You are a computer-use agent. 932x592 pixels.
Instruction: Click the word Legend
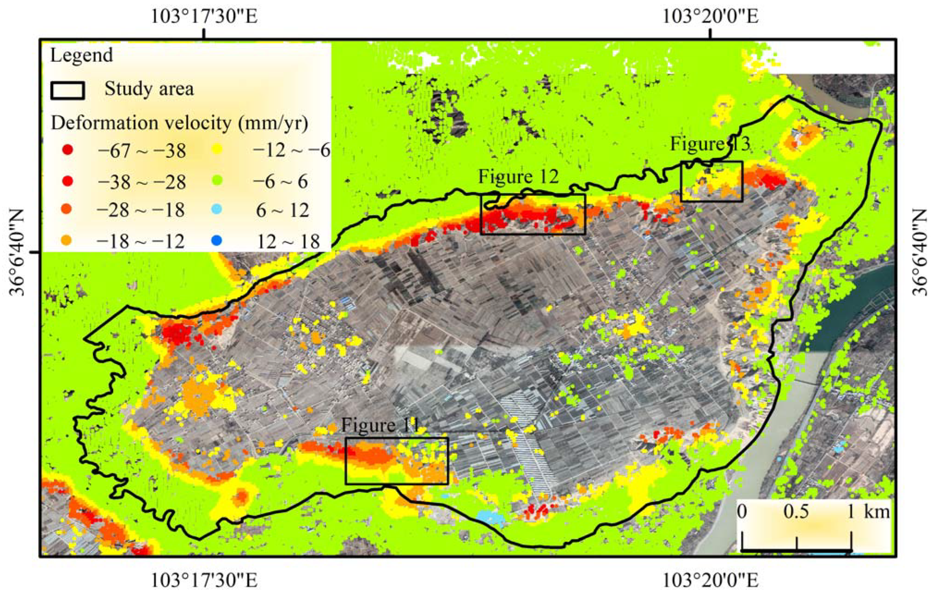[81, 55]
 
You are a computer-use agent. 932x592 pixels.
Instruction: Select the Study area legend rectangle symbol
[67, 90]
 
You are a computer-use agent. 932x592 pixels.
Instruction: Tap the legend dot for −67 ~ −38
[68, 150]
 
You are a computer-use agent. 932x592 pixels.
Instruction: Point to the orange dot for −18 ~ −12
[68, 241]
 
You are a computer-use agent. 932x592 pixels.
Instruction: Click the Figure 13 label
[710, 144]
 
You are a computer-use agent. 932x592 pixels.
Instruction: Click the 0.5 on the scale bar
[796, 512]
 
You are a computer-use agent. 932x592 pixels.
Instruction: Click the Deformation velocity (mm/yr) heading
[180, 123]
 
